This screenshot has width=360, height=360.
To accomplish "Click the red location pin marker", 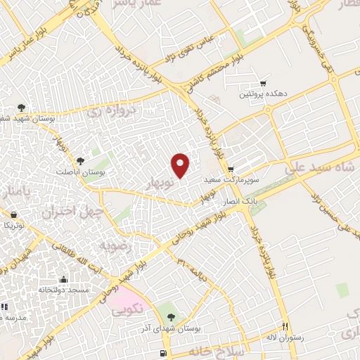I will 181,165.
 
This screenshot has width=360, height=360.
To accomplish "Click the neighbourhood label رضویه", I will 114,246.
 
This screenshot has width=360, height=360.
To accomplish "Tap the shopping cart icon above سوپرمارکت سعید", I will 231,169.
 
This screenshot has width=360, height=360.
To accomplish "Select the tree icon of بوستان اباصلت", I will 79,161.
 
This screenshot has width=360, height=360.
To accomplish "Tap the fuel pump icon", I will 164,352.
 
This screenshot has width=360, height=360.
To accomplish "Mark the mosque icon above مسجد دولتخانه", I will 64,279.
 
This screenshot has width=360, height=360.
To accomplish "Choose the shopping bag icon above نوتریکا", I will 13,214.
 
